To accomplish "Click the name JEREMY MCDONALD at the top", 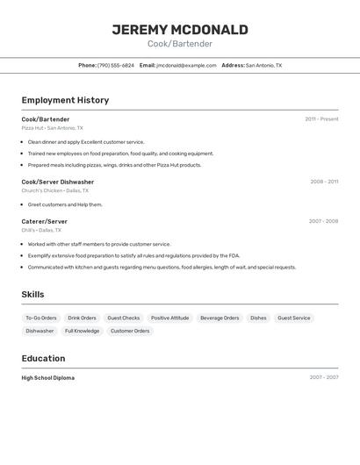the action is [180, 30].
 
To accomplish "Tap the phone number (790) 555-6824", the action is [115, 65].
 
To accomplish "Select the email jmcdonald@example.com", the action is [186, 65].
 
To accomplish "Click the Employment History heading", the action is [65, 100].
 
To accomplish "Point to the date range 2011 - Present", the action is [321, 118].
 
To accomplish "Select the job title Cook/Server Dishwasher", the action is [58, 182].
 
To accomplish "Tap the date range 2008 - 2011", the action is [324, 182].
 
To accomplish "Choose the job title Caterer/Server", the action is [45, 221].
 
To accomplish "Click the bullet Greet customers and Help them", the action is [65, 204].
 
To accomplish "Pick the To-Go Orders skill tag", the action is [40, 318].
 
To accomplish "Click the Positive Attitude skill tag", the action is [169, 318].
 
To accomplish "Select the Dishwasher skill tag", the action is [40, 331].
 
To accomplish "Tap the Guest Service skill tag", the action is [293, 318].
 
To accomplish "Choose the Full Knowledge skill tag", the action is [82, 331].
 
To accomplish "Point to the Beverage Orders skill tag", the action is [220, 318].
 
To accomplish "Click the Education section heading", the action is [44, 358].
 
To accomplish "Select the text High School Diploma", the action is [48, 377].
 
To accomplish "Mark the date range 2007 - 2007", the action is [323, 377].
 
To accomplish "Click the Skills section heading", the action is [32, 295].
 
